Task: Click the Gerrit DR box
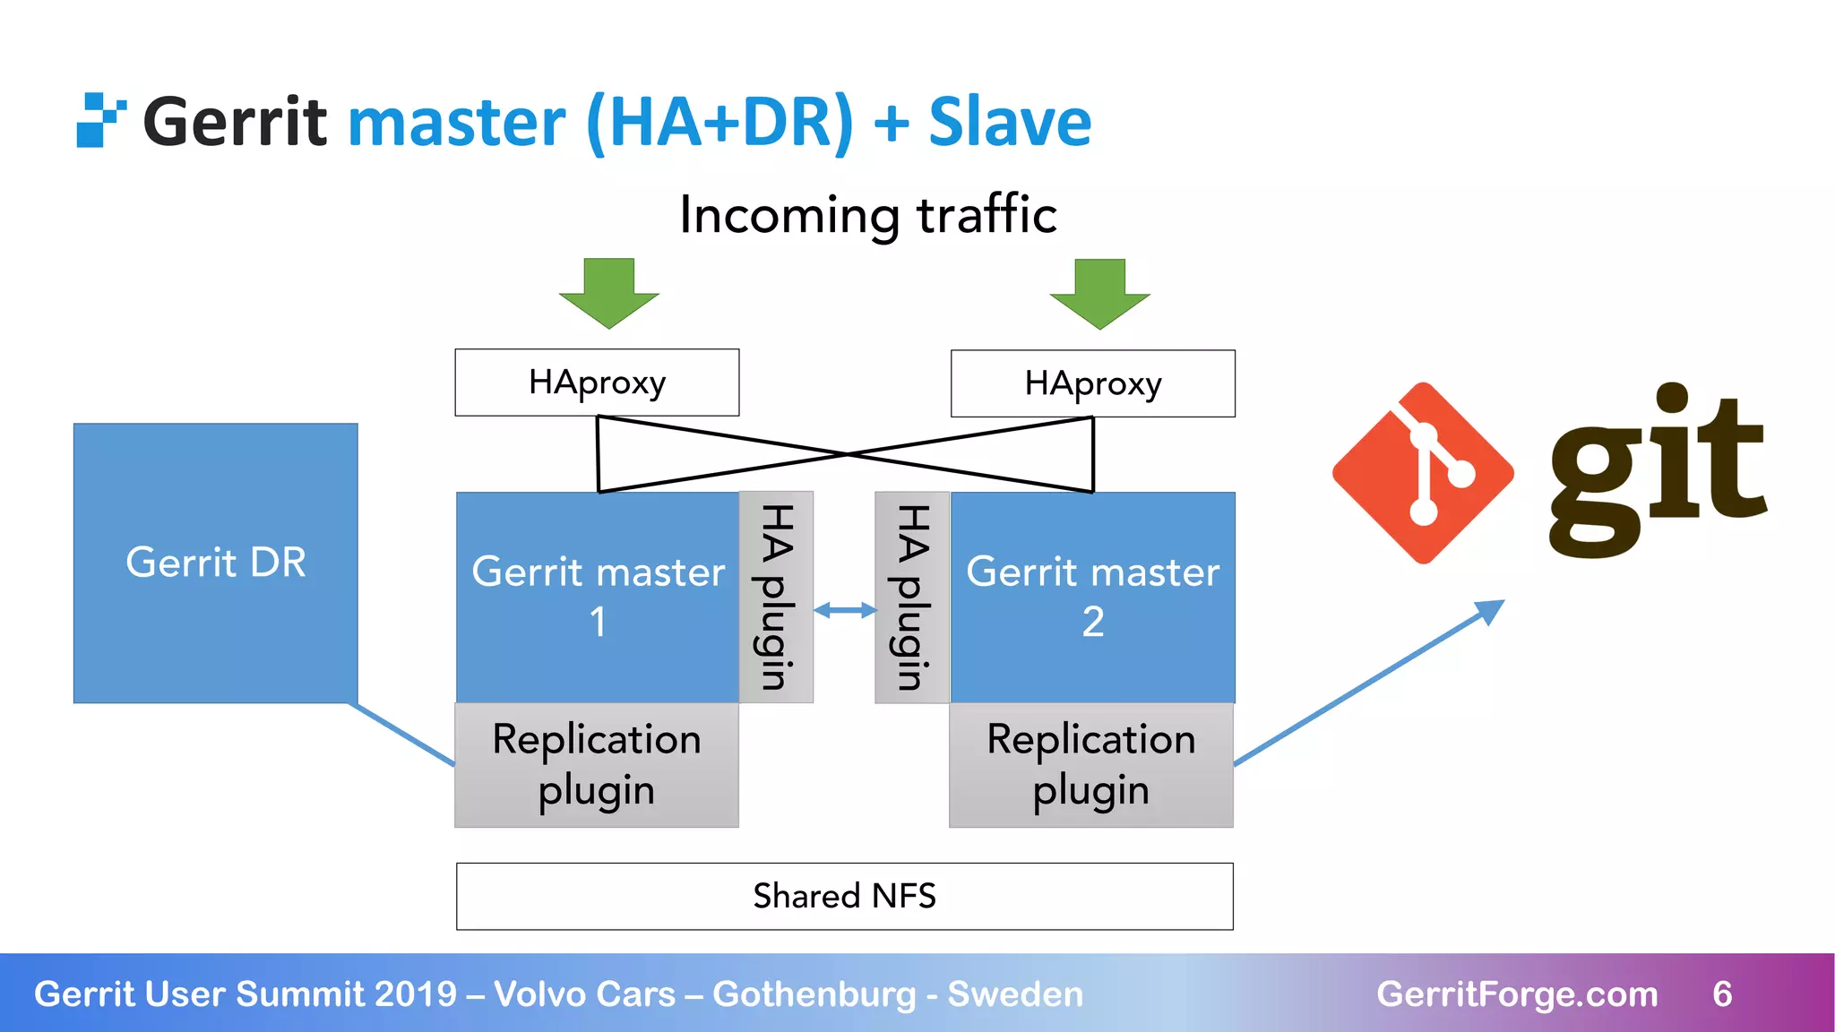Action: (215, 563)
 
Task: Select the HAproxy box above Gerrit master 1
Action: (597, 383)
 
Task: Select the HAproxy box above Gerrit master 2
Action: (1092, 383)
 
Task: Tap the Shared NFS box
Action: (844, 896)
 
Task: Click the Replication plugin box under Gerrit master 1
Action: (597, 764)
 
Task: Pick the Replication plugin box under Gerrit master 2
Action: (1090, 764)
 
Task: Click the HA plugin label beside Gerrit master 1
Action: (776, 597)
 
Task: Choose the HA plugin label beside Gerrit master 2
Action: (912, 597)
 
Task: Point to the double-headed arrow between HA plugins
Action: (844, 611)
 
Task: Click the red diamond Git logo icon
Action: (1423, 473)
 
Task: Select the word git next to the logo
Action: (1658, 470)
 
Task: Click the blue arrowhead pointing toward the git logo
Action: (1489, 613)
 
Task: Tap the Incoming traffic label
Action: (867, 215)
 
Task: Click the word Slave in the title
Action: (1010, 122)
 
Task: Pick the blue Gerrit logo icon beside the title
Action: (99, 120)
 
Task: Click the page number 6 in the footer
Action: (1722, 993)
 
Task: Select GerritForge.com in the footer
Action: (1517, 993)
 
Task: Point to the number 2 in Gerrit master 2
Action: (1092, 622)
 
